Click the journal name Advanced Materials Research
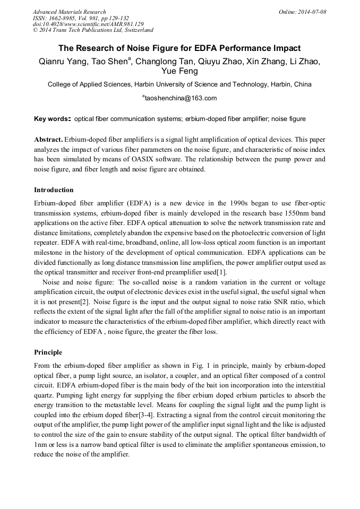[x=69, y=12]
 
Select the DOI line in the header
[x=88, y=24]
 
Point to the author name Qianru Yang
[x=62, y=62]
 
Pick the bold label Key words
[x=52, y=119]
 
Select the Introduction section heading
[x=54, y=190]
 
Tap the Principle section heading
[x=48, y=352]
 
